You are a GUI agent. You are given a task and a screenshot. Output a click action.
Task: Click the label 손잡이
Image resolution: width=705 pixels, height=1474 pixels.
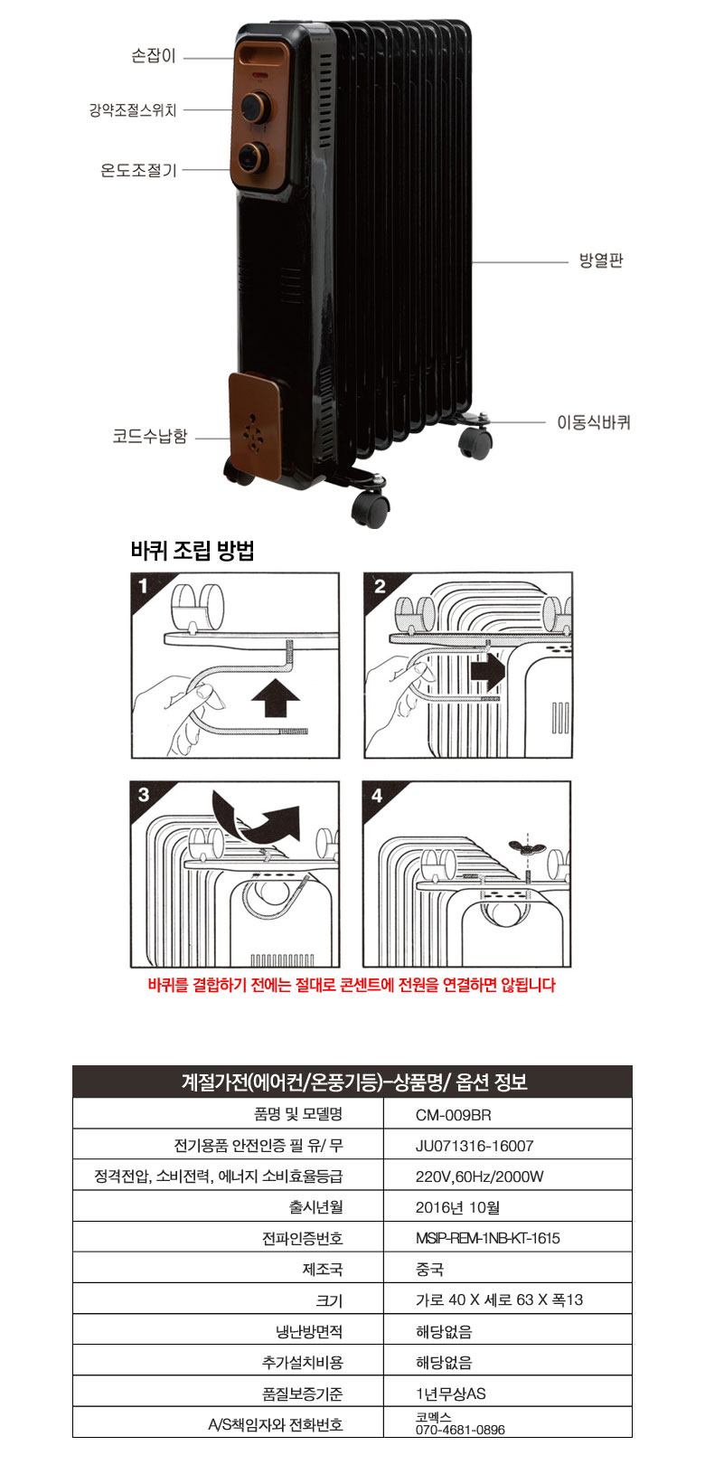pyautogui.click(x=154, y=56)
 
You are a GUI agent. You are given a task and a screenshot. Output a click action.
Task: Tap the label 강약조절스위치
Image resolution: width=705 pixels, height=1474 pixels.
pyautogui.click(x=133, y=110)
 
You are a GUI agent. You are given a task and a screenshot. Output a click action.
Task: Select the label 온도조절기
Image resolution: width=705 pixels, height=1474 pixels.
pyautogui.click(x=138, y=170)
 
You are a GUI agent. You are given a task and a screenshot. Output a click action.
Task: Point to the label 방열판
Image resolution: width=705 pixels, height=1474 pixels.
pyautogui.click(x=600, y=260)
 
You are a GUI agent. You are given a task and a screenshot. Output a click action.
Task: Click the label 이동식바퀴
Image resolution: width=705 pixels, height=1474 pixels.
pyautogui.click(x=594, y=422)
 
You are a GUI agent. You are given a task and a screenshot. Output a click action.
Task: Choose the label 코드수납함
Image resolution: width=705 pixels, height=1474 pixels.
pyautogui.click(x=150, y=436)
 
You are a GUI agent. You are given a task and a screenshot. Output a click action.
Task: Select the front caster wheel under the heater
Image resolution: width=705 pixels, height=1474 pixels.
pyautogui.click(x=370, y=507)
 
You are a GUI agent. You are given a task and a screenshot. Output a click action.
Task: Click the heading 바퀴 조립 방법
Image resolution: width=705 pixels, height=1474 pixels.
pyautogui.click(x=192, y=551)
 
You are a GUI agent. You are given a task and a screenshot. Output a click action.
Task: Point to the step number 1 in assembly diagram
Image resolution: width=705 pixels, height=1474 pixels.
pyautogui.click(x=143, y=585)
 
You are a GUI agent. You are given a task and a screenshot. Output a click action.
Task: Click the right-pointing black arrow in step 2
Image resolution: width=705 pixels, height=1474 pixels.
pyautogui.click(x=487, y=673)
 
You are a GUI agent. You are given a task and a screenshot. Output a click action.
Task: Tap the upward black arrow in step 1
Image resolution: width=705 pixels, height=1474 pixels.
pyautogui.click(x=277, y=697)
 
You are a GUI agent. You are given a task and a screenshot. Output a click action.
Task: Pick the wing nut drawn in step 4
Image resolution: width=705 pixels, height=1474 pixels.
pyautogui.click(x=526, y=847)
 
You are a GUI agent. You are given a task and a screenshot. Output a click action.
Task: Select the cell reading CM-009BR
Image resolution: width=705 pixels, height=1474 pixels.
pyautogui.click(x=453, y=1115)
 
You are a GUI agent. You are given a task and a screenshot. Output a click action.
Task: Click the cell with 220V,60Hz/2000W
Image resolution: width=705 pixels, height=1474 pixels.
pyautogui.click(x=479, y=1176)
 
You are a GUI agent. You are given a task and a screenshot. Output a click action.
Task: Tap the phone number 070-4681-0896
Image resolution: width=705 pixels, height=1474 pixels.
pyautogui.click(x=460, y=1430)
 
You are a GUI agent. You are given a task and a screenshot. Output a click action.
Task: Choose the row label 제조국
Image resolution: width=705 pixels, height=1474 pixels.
pyautogui.click(x=323, y=1270)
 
